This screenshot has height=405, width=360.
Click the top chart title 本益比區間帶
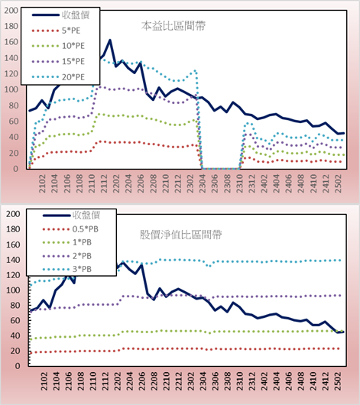(174, 26)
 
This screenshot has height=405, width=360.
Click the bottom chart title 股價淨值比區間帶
(180, 235)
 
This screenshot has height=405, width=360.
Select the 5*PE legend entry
(56, 31)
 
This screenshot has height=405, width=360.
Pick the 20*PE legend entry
(58, 77)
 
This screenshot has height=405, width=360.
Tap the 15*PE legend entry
(58, 61)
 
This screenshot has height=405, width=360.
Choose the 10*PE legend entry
(58, 46)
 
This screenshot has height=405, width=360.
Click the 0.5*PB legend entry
(70, 229)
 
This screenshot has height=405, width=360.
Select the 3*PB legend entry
(67, 269)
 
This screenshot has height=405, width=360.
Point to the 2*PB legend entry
(67, 256)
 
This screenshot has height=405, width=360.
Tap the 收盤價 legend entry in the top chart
(60, 15)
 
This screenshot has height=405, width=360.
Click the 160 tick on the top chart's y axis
(11, 42)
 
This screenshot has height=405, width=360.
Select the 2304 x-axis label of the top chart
(203, 183)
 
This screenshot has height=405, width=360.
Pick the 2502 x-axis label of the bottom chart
(338, 381)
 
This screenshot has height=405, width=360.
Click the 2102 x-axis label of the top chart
(42, 183)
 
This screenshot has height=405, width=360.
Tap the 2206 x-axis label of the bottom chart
(141, 381)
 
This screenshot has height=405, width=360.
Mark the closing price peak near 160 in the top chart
(109, 40)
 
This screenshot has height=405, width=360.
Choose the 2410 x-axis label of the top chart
(313, 183)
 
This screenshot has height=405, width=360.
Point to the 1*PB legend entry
(67, 242)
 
